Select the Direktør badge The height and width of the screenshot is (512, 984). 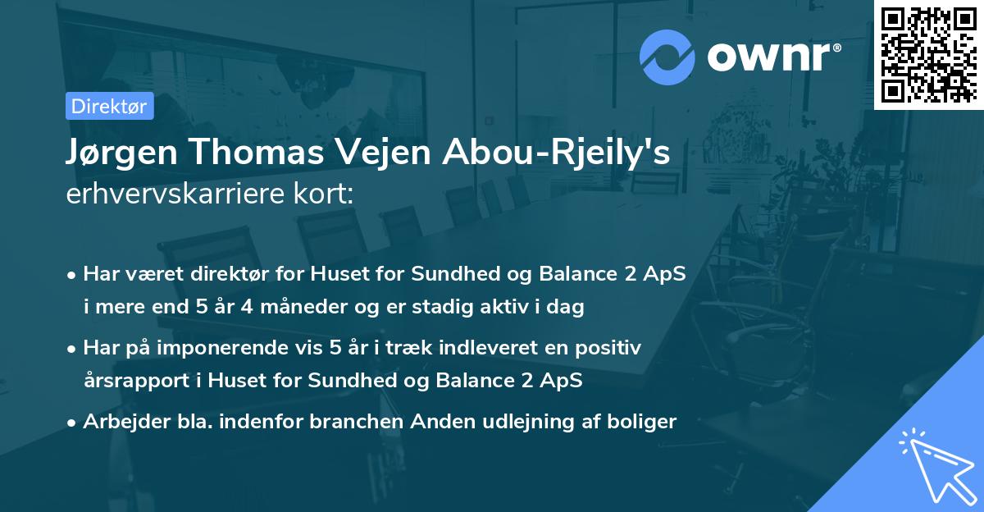pyautogui.click(x=110, y=106)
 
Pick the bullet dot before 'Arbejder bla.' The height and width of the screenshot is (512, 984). pyautogui.click(x=74, y=423)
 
